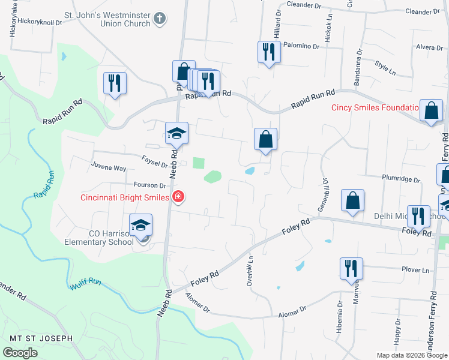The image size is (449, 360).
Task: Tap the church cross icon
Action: (x=159, y=18)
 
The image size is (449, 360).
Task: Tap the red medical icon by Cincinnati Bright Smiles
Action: (x=178, y=197)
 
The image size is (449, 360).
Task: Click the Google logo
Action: (x=20, y=353)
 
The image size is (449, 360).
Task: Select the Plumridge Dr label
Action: (x=402, y=178)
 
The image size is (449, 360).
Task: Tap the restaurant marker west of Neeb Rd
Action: (x=113, y=82)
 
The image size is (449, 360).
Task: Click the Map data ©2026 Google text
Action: (x=412, y=355)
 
